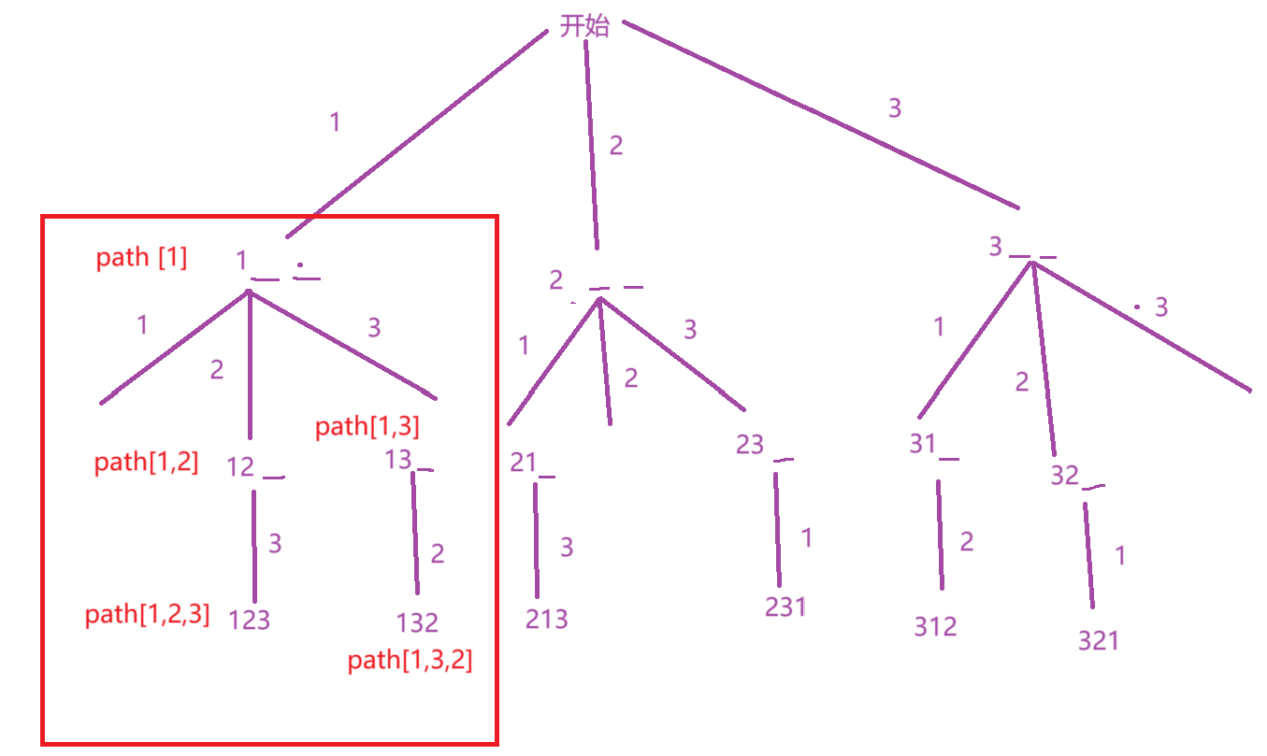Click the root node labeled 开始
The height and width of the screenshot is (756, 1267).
coord(584,25)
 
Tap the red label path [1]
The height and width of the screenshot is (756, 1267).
coord(141,258)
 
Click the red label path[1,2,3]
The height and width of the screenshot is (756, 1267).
coord(147,615)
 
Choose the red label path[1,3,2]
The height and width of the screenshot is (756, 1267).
coord(410,661)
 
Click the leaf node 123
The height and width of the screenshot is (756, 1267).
coord(250,619)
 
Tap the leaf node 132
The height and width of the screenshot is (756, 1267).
coord(416,621)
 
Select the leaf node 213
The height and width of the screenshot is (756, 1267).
coord(546,619)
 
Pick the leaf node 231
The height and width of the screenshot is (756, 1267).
coord(785,606)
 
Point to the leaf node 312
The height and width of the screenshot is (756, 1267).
coord(936,625)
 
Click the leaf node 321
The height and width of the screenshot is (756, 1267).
coord(1098,640)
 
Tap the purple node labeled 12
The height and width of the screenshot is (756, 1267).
coord(241,466)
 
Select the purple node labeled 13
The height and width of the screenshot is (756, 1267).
coord(398,460)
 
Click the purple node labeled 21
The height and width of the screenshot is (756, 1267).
coord(523,463)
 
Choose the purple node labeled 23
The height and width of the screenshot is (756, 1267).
coord(750,444)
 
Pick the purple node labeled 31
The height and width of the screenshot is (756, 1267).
coord(923,444)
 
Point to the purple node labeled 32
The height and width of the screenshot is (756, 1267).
coord(1064,475)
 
